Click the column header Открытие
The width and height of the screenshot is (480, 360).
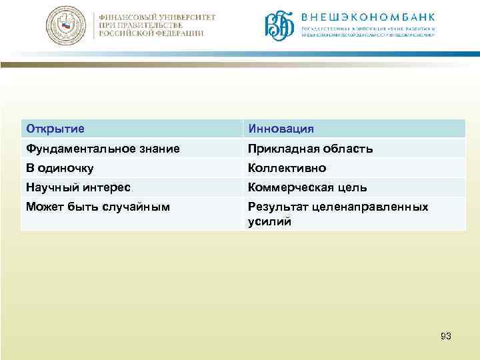[x=55, y=128]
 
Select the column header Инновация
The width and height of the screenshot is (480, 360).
[x=281, y=128]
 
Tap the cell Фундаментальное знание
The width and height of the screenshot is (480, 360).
[x=103, y=149]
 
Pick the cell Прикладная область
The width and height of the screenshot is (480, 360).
[x=310, y=149]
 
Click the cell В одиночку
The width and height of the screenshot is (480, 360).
[x=59, y=168]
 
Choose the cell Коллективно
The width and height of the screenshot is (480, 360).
[x=287, y=168]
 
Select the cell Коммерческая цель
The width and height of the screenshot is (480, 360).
[x=307, y=187]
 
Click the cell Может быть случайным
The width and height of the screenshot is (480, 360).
[x=97, y=207]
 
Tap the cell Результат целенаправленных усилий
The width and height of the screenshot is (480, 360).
[x=337, y=214]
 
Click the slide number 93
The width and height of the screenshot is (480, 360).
[x=446, y=336]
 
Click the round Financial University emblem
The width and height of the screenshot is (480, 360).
[x=65, y=26]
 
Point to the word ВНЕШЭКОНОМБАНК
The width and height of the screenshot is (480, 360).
[x=368, y=17]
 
